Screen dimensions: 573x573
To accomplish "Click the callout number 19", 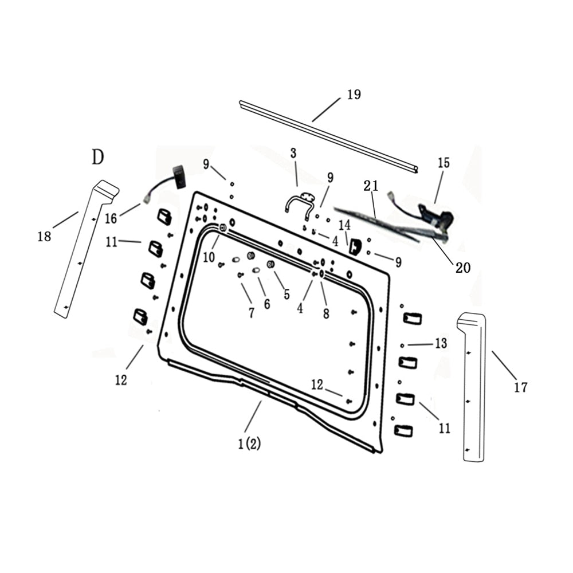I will pos(354,95).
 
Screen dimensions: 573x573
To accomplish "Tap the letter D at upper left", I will pos(98,157).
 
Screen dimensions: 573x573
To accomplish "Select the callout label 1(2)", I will pos(249,444).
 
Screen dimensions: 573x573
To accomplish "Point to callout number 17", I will pos(520,388).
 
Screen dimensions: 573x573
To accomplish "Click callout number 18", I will pos(44,236).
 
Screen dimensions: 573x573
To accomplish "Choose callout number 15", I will pos(444,163).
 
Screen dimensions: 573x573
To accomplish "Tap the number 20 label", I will pos(462,266).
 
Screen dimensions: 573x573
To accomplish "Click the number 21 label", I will pos(371,186).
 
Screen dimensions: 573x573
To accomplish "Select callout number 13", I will pos(440,343).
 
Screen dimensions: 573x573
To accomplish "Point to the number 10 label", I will pos(209,257).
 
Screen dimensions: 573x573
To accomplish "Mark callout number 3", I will pos(293,153).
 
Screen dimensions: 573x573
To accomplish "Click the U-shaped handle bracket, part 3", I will pos(300,202).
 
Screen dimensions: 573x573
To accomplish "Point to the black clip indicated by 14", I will pos(355,246).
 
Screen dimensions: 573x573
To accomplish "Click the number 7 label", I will pos(251,313).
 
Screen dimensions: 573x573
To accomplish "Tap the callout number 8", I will pos(325,314).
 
